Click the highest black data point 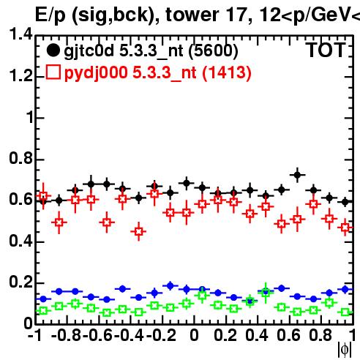297,175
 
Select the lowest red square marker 139,231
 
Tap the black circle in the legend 53,50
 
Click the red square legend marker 53,72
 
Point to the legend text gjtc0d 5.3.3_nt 124,51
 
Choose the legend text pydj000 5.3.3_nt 130,72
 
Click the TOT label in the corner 326,50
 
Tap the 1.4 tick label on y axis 21,34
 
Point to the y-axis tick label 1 30,117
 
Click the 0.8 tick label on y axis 21,159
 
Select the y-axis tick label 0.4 21,241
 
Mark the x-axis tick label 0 194,335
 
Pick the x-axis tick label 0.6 288,335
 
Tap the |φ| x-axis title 345,349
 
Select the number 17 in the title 236,15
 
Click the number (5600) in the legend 214,51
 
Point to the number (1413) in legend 227,72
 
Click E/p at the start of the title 50,15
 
